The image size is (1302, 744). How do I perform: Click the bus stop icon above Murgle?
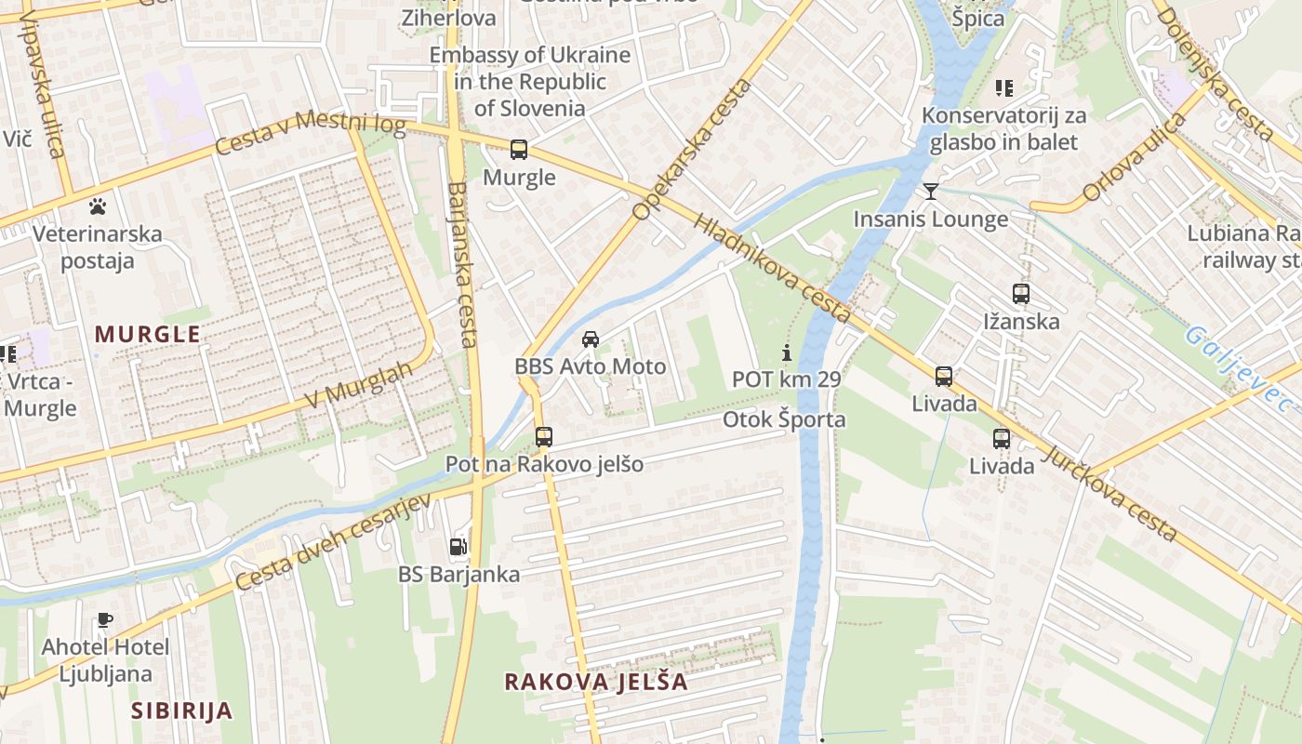519,150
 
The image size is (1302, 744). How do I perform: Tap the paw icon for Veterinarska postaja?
97,206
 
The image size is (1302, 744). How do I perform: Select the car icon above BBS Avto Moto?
590,339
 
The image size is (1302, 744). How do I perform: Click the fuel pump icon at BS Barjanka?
458,547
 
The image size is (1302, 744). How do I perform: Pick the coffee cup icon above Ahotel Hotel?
104,619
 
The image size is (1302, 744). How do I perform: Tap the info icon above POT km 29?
787,352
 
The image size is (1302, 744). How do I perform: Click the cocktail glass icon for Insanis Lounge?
930,192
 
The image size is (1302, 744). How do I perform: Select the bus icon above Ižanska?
1021,294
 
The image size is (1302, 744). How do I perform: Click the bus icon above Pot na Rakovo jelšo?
544,436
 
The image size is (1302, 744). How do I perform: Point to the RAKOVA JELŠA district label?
596,682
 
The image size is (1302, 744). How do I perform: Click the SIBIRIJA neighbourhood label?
181,711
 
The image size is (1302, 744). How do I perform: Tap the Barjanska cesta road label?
462,264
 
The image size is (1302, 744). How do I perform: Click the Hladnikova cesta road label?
772,269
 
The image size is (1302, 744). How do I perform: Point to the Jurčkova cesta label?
1111,494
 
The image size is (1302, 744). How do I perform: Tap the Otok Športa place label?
785,419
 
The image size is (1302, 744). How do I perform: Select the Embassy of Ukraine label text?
530,82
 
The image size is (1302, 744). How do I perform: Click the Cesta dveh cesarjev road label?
334,542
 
